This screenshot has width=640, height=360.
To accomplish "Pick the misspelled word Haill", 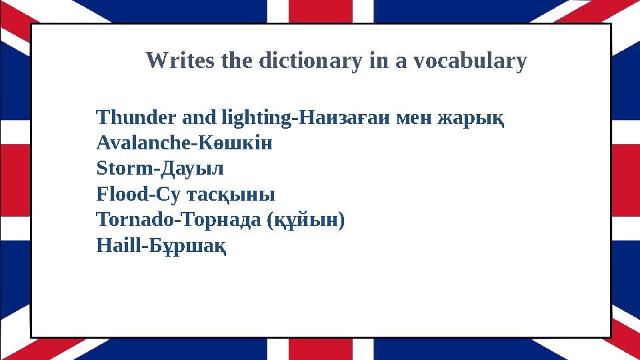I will pos(116,245).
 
